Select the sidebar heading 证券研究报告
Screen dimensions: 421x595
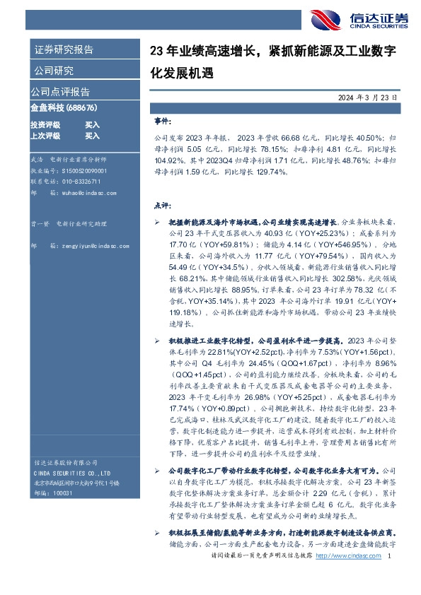coord(64,49)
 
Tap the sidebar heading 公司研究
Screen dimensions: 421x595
coord(54,70)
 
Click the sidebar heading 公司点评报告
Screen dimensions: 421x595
coord(59,92)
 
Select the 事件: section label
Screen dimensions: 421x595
coord(162,121)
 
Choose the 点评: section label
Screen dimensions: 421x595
coord(162,206)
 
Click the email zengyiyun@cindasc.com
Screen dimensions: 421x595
coord(87,245)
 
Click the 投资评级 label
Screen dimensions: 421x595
coord(45,124)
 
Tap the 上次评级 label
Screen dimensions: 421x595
coord(45,135)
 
